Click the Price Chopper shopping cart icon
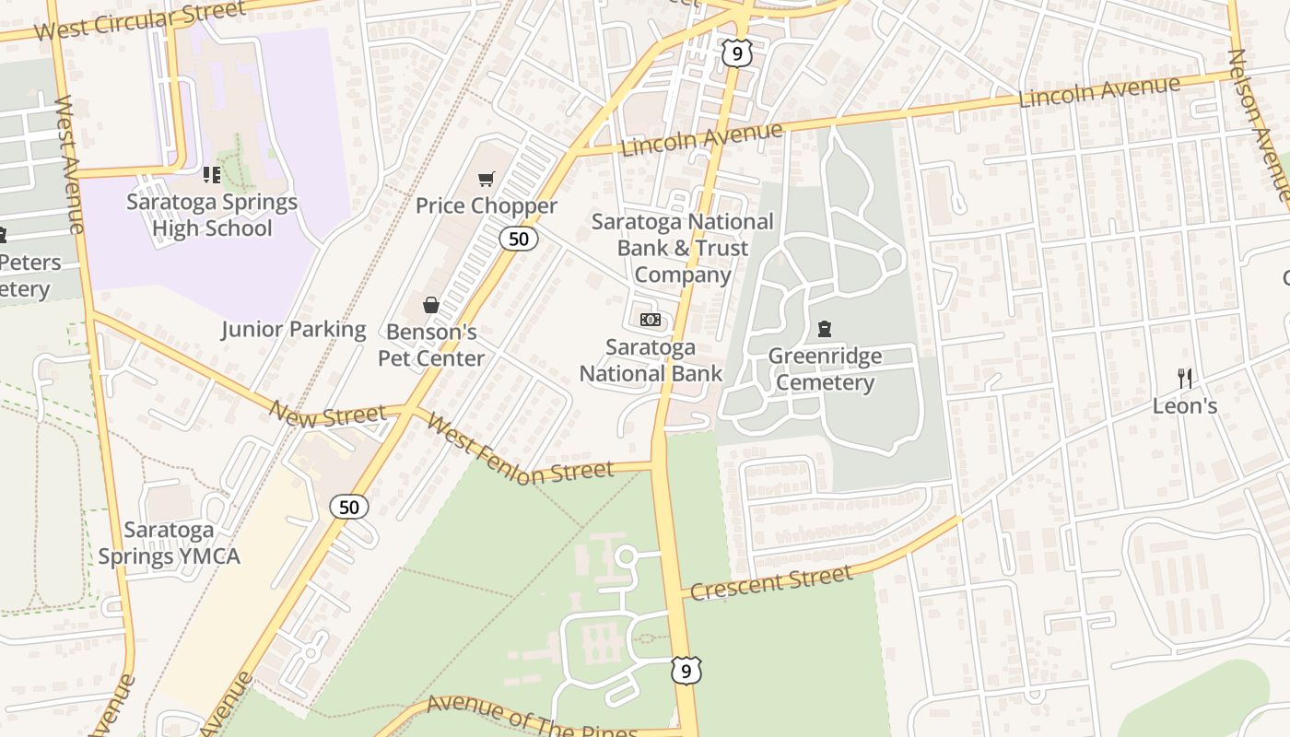point(486,179)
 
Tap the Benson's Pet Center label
point(431,345)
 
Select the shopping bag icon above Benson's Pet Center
point(430,305)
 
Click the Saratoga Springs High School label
point(212,215)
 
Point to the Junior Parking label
point(293,329)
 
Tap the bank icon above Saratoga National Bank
point(651,320)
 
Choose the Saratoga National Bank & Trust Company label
point(682,248)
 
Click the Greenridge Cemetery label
point(825,369)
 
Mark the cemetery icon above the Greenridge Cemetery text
point(825,329)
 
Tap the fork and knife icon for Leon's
point(1185,378)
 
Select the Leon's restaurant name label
point(1185,405)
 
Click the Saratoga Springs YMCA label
point(169,543)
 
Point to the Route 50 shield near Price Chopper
point(519,239)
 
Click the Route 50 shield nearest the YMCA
point(349,507)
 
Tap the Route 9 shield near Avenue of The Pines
point(686,672)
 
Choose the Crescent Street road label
point(770,582)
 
